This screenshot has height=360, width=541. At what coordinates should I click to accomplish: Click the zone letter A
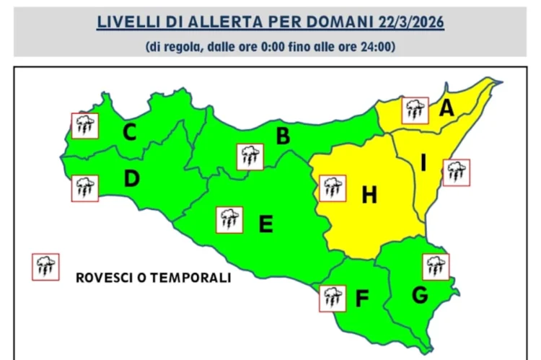(x=447, y=109)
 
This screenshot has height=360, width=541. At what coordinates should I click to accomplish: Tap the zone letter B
(x=283, y=136)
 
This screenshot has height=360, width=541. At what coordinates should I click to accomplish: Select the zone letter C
(x=130, y=133)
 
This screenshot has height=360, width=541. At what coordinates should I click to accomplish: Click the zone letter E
(x=265, y=224)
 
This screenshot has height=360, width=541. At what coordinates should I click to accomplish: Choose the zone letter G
(x=421, y=294)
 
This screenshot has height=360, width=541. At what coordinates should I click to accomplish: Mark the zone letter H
(x=369, y=194)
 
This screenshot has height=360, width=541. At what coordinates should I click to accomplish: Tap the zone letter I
(x=423, y=163)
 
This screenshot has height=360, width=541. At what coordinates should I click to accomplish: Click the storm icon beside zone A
(x=414, y=110)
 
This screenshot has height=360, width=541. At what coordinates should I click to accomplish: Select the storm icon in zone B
(x=250, y=156)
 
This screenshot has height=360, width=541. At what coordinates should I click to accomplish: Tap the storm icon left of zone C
(x=84, y=126)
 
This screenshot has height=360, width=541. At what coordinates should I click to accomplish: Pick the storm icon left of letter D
(x=84, y=188)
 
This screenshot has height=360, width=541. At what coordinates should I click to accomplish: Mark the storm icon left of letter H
(x=332, y=188)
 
